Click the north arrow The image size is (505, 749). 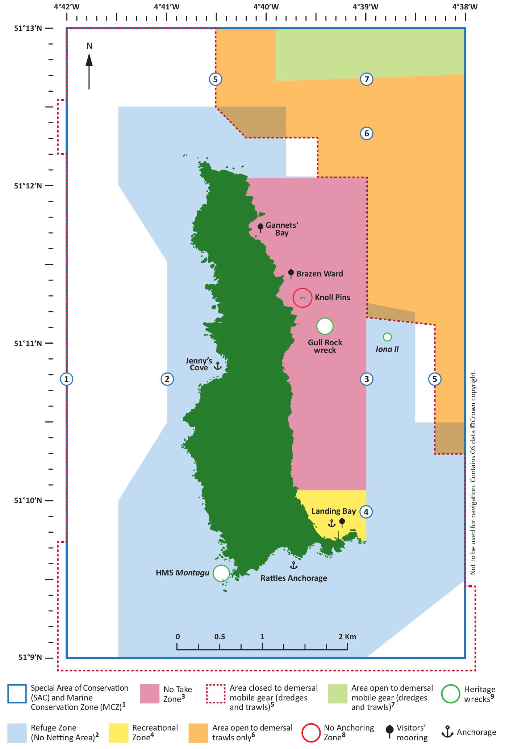click(x=89, y=71)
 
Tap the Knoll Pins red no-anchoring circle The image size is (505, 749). click(x=302, y=297)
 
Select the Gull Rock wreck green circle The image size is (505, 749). click(x=325, y=326)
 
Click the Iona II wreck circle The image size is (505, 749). click(x=387, y=337)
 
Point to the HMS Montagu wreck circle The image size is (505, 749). click(x=221, y=573)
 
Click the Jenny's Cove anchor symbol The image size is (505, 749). click(x=217, y=366)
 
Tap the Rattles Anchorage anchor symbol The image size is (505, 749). click(x=293, y=565)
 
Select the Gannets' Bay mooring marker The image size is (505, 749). click(x=260, y=227)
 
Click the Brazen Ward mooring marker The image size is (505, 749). click(x=291, y=273)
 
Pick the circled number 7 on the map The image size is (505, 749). click(x=367, y=79)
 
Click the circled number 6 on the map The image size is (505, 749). click(x=367, y=133)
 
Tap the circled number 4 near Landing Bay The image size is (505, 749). click(x=366, y=512)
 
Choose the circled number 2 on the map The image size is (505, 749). click(x=167, y=379)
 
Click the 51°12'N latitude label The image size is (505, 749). click(x=28, y=186)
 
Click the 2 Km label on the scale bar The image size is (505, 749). click(x=347, y=636)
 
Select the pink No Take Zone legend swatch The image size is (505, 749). click(x=150, y=694)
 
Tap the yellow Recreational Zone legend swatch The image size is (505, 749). click(x=118, y=732)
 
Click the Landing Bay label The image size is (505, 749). click(x=334, y=511)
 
